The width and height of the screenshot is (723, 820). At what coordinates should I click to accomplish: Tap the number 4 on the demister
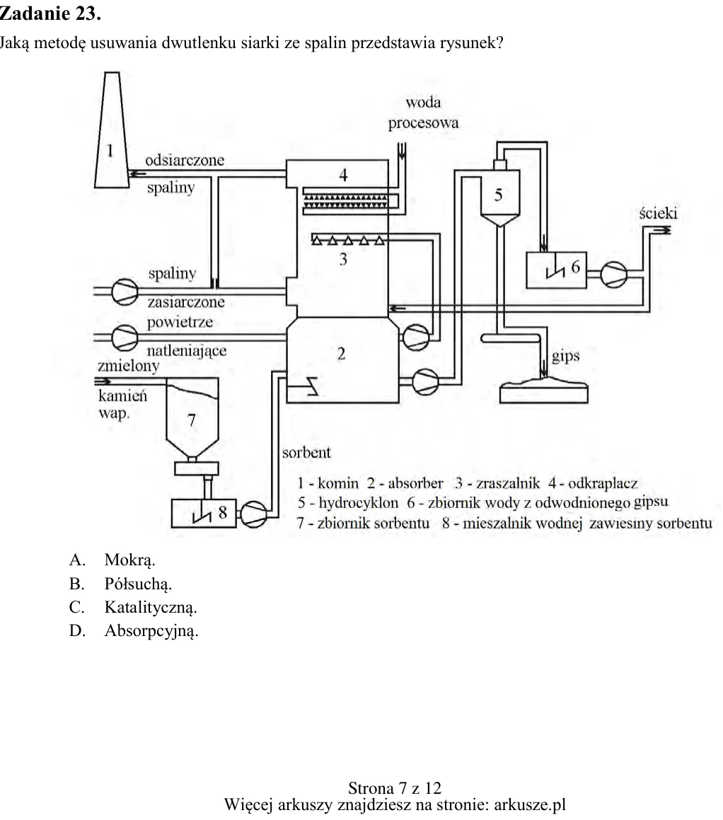point(343,175)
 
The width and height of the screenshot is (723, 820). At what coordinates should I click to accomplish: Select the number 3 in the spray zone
point(343,259)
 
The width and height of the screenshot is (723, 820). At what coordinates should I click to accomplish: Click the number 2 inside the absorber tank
point(342,354)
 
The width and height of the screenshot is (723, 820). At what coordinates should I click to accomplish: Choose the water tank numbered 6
point(556,270)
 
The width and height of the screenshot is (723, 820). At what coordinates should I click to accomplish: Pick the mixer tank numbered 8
point(203,513)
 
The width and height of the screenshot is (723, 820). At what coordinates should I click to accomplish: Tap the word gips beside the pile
point(566,357)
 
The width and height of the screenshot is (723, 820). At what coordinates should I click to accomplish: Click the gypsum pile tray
point(544,391)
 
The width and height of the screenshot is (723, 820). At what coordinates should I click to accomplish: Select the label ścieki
point(658,214)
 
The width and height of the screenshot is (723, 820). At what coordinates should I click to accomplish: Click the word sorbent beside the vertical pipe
point(306,452)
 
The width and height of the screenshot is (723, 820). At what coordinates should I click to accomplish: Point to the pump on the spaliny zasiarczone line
point(125,291)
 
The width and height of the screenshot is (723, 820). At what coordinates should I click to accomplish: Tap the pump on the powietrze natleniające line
point(125,337)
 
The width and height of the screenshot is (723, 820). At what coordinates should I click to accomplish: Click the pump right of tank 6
point(614,275)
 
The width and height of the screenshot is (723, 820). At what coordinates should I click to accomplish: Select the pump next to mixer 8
point(254,514)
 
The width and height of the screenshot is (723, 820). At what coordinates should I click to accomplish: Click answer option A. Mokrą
point(112,560)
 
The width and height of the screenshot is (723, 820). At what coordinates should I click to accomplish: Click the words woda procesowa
point(424,112)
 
